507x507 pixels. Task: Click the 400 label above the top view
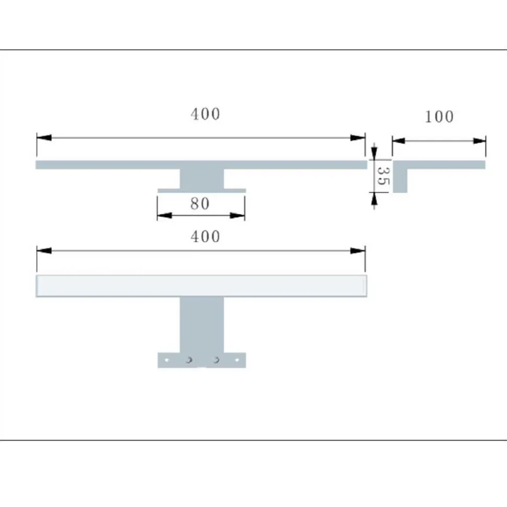point(205,114)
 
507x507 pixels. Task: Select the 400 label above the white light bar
point(205,237)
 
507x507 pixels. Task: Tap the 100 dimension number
point(439,117)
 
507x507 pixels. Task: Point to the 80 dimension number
point(200,204)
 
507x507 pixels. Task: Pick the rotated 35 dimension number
point(383,176)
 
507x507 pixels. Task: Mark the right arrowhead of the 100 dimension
point(479,140)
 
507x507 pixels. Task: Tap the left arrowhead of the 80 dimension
point(164,215)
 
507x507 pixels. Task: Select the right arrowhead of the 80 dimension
point(238,215)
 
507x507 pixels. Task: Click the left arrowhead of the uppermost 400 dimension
point(44,138)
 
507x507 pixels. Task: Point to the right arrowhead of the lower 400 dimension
point(358,251)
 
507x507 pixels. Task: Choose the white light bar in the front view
point(201,286)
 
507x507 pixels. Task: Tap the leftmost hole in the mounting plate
point(166,360)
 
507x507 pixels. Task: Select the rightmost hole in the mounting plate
point(237,360)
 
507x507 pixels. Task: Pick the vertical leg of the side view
point(400,180)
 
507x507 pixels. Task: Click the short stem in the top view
point(202,179)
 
